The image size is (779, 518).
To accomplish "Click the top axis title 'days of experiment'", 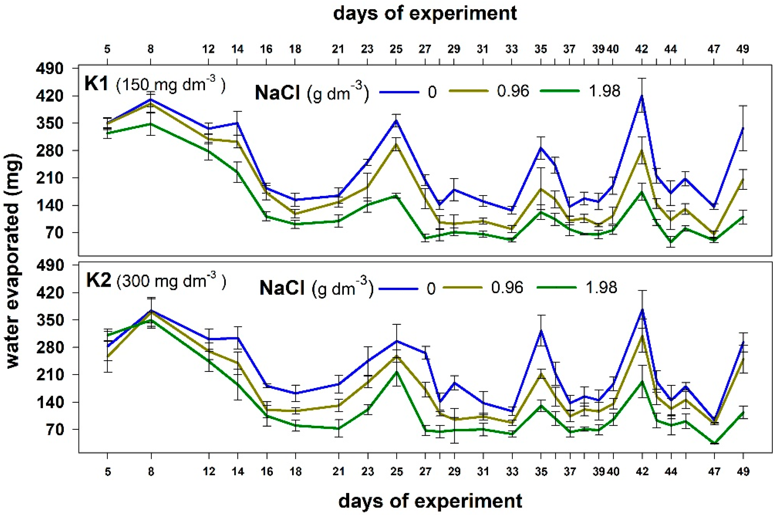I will pyautogui.click(x=425, y=14).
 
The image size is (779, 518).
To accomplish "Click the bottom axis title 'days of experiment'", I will pyautogui.click(x=430, y=501).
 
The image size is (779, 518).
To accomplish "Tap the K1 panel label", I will pyautogui.click(x=96, y=84).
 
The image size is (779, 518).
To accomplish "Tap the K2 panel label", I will pyautogui.click(x=98, y=281).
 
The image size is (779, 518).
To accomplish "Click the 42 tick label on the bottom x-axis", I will pyautogui.click(x=642, y=471).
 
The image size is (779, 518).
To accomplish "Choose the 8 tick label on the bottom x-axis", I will pyautogui.click(x=151, y=471).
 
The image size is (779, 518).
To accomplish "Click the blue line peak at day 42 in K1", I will pyautogui.click(x=642, y=96).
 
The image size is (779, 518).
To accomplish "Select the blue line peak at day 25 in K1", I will pyautogui.click(x=396, y=121).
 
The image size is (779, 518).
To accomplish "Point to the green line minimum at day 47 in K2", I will pyautogui.click(x=714, y=443).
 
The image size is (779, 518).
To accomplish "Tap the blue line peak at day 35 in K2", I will pyautogui.click(x=541, y=331).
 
